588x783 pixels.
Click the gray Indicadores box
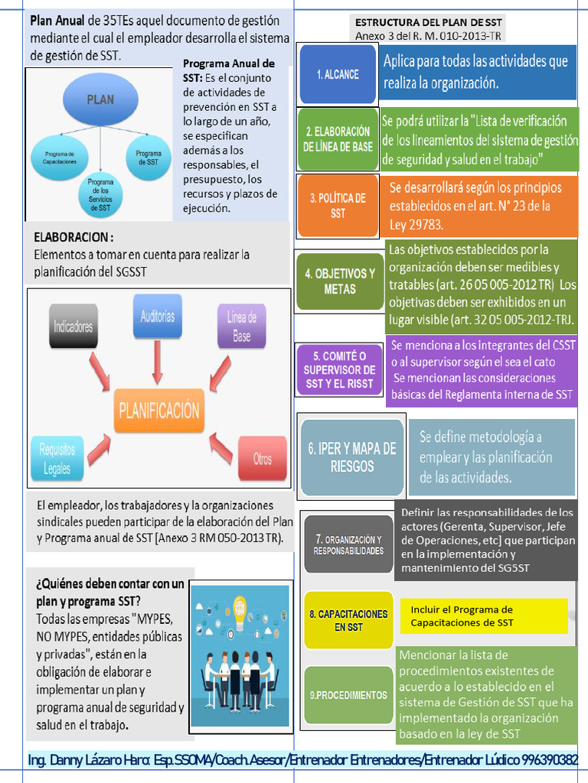73,327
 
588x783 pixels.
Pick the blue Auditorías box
158,316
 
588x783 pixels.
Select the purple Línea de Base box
242,326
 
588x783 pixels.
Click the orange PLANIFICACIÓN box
159,411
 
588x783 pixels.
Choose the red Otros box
262,459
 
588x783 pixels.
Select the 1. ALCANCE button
338,74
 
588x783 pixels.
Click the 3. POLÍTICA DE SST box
338,206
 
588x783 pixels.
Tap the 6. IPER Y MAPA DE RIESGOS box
352,457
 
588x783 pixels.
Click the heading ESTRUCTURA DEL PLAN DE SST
429,23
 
